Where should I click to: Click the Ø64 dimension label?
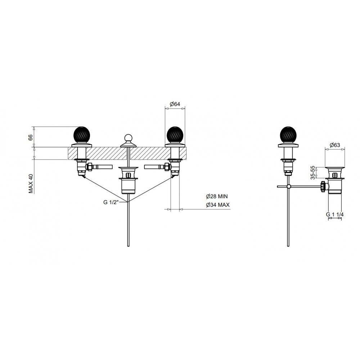175,104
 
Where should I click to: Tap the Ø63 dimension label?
335,145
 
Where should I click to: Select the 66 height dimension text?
31,138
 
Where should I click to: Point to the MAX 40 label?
31,184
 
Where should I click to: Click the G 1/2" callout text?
111,202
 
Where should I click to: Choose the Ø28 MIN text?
217,196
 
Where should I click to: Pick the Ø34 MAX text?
218,205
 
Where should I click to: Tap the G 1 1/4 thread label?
335,215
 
